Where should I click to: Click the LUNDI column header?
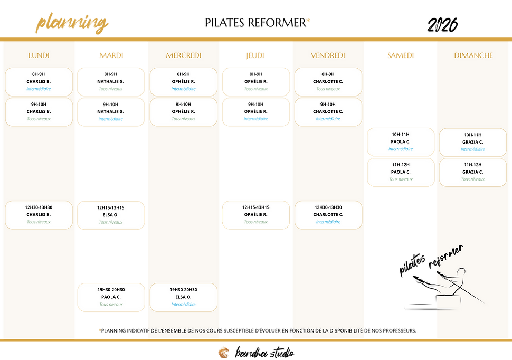pos(39,55)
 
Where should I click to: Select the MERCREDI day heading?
pos(183,55)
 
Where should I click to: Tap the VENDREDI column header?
pos(328,55)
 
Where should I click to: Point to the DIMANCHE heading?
pos(473,55)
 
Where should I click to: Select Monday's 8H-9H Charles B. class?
pos(39,82)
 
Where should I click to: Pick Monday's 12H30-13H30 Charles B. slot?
pos(39,215)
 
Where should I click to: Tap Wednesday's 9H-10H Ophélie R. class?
pos(183,112)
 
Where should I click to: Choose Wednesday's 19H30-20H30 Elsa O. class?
pos(183,297)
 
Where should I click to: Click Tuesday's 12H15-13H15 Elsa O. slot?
pos(111,215)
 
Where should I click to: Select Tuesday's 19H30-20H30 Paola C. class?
pos(111,297)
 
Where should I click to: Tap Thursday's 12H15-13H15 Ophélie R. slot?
pos(255,215)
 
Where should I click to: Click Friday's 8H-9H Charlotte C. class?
pos(328,82)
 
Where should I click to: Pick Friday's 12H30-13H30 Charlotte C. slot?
pos(328,215)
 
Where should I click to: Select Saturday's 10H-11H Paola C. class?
pos(400,142)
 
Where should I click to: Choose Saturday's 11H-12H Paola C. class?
pos(400,172)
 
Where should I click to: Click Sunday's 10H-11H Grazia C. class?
pos(473,142)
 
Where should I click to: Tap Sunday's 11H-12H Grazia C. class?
pos(473,172)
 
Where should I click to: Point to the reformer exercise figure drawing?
pos(449,282)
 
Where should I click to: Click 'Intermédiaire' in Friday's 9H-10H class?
pos(328,119)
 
